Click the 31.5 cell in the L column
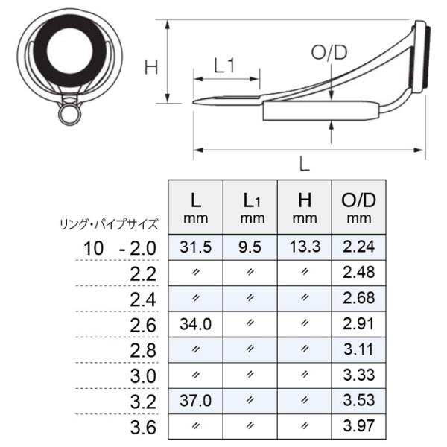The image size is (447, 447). tap(195, 247)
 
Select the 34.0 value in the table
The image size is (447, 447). tap(195, 324)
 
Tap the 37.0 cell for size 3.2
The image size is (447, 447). tap(195, 401)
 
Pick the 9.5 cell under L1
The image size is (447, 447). tap(250, 247)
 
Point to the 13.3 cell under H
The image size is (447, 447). tap(305, 247)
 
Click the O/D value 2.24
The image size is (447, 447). tap(358, 247)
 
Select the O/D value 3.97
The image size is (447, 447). tap(358, 426)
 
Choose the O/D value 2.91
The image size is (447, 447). tap(358, 324)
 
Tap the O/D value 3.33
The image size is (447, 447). tap(358, 375)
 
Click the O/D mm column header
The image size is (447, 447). tap(358, 208)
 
